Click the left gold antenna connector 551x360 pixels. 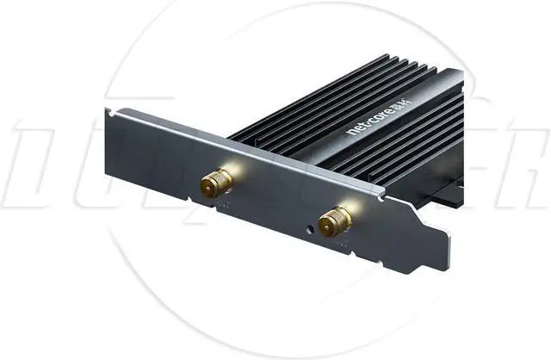(x=216, y=183)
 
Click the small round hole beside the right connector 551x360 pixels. (x=311, y=230)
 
